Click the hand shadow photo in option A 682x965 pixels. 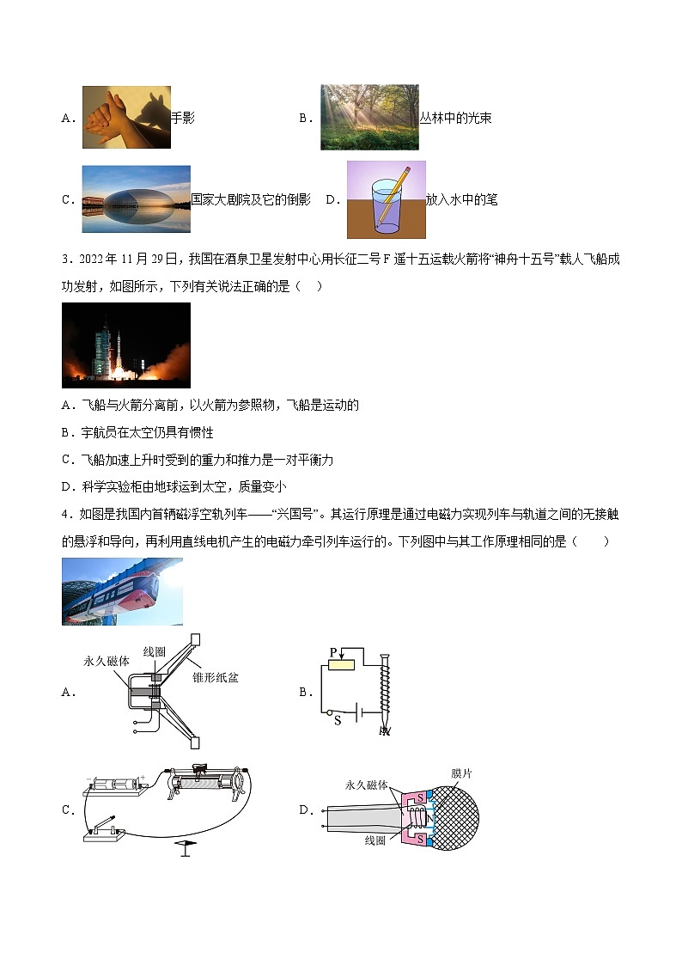click(x=126, y=117)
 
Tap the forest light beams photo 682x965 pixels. click(x=369, y=117)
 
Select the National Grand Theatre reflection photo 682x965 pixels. click(x=136, y=199)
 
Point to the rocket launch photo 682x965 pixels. click(x=125, y=345)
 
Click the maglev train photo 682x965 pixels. click(x=122, y=591)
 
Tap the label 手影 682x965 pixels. click(x=183, y=119)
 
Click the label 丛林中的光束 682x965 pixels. click(x=455, y=119)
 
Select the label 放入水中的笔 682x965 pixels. click(x=461, y=200)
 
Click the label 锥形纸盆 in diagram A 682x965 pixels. click(x=216, y=677)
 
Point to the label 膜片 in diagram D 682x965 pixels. click(x=461, y=773)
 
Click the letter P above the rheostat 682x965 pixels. click(x=332, y=653)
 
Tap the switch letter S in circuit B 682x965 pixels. click(x=338, y=720)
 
